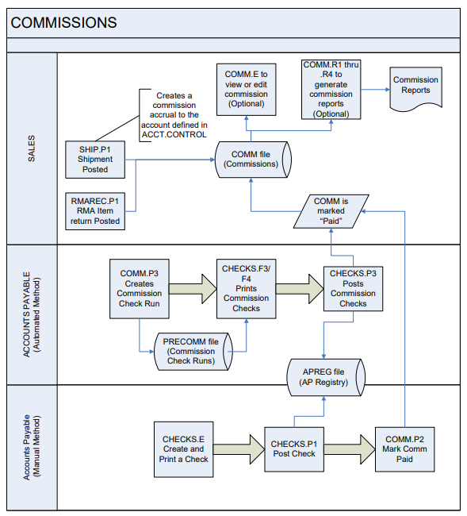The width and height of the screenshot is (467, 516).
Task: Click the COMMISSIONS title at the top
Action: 63,23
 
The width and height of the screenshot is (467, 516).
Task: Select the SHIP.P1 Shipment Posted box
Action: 94,159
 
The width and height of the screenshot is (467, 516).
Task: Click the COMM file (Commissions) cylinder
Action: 251,159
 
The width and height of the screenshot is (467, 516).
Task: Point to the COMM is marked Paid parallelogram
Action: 330,211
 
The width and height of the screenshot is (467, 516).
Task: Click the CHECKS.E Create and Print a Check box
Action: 184,449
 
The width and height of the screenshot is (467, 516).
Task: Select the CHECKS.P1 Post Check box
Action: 293,449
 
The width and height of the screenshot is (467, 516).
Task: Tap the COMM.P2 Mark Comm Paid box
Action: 405,449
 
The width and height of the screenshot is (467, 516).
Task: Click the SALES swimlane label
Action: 31,149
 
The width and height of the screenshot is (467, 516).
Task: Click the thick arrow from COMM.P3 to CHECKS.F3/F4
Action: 194,287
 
